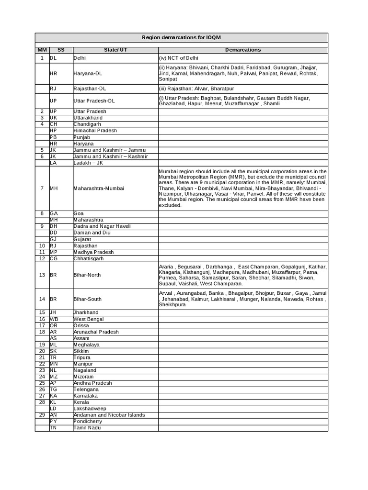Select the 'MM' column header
42,49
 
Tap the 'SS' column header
60,49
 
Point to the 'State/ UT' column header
115,49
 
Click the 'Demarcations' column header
243,49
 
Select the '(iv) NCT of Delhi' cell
179,58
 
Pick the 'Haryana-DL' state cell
87,74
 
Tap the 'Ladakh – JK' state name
88,163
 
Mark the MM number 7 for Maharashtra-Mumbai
42,188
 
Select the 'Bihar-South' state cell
87,299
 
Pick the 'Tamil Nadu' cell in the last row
87,428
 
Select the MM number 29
42,415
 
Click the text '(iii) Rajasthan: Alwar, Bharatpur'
197,89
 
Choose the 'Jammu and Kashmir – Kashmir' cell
111,156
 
